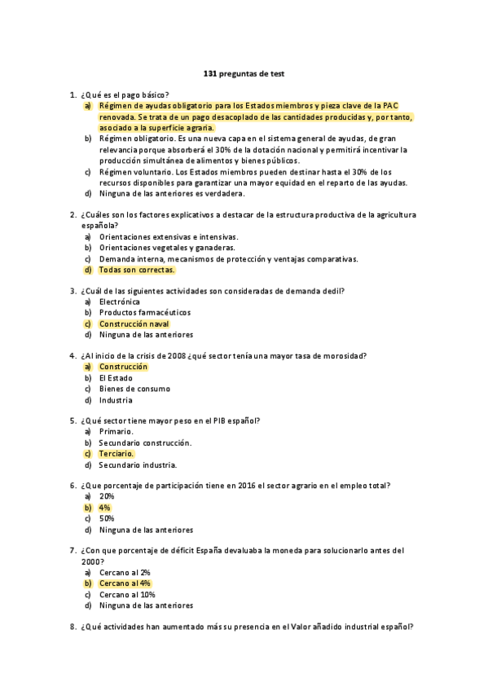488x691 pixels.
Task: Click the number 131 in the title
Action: pos(209,73)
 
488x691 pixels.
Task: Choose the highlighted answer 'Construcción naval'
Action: pos(134,323)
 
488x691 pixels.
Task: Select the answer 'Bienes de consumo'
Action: pos(134,389)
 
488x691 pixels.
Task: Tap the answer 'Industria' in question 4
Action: pos(116,400)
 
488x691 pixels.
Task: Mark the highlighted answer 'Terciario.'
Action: pos(117,454)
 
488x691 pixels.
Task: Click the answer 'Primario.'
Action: pos(117,432)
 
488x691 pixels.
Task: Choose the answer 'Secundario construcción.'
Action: pos(145,443)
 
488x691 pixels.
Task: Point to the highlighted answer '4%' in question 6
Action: pos(105,508)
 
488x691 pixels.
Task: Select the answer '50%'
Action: pos(107,518)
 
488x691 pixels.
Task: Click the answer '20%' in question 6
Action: pos(107,496)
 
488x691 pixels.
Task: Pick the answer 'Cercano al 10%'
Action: pos(127,594)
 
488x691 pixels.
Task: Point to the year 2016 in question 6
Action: pos(244,486)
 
